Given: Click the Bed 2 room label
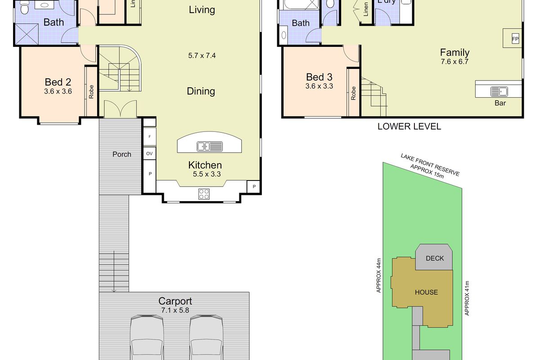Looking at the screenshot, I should [58, 82].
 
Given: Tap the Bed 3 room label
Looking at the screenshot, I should [319, 77].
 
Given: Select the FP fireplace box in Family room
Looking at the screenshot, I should [515, 39].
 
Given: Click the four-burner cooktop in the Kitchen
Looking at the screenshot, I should [204, 194].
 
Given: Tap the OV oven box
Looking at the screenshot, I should [149, 153].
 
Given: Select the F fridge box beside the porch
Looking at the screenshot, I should [149, 135].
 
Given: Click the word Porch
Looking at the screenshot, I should [121, 154].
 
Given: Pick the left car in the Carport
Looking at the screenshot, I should [147, 337].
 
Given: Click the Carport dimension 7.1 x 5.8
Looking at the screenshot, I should [175, 310].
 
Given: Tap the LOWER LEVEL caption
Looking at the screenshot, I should [409, 126].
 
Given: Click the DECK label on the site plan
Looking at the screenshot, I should [434, 258].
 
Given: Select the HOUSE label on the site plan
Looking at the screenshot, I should [426, 292].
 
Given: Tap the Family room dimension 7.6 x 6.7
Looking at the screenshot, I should [454, 62].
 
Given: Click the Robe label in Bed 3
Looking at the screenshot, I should [354, 93].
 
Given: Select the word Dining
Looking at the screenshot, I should [201, 91].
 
